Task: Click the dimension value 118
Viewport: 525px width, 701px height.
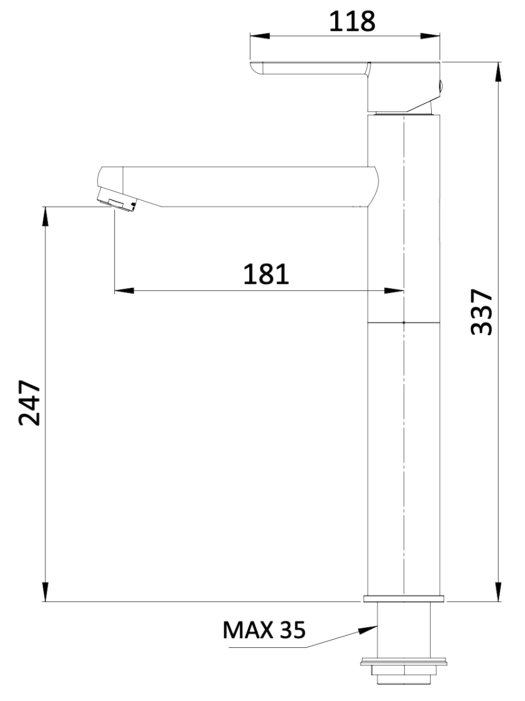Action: point(352,21)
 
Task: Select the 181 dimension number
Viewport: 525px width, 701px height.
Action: point(266,274)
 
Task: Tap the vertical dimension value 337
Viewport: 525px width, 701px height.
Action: point(481,311)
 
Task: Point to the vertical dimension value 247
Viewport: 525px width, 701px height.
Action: point(30,402)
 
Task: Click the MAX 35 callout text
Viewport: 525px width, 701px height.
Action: point(264,630)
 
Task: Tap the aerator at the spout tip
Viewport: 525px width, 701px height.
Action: point(117,203)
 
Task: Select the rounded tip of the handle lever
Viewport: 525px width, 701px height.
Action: point(255,69)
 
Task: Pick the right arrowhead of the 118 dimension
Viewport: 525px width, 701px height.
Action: point(431,36)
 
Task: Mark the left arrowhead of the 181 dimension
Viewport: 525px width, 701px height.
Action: point(124,290)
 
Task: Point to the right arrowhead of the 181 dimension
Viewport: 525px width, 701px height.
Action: point(394,290)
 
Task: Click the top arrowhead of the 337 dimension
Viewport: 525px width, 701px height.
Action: point(498,72)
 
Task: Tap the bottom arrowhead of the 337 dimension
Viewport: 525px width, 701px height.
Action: point(498,591)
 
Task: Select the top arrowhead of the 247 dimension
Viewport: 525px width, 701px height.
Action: point(45,217)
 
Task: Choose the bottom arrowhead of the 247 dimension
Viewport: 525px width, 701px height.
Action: point(45,591)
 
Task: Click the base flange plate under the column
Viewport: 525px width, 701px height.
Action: point(403,598)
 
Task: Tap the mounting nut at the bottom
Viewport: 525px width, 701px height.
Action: point(403,670)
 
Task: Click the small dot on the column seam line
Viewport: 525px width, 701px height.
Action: point(403,322)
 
